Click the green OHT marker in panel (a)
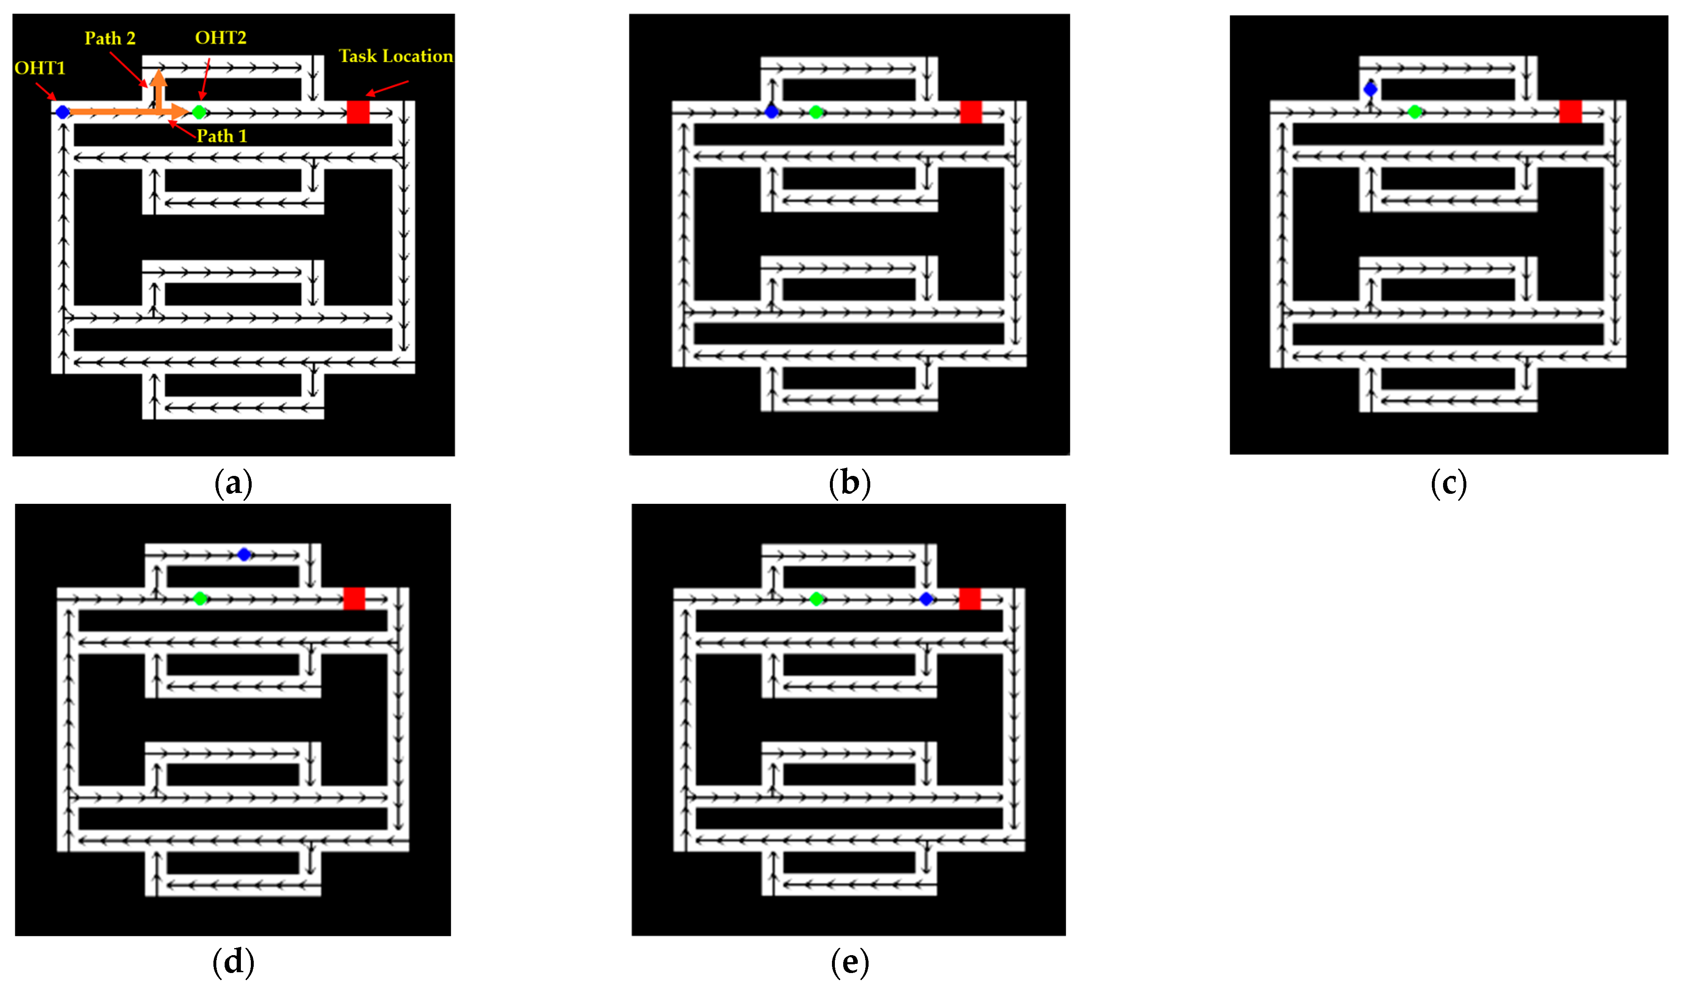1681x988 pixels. (x=199, y=112)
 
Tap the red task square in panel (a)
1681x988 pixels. (x=358, y=112)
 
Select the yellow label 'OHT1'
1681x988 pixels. (x=40, y=68)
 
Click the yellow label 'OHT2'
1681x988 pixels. (x=221, y=38)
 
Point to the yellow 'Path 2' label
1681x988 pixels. (x=110, y=39)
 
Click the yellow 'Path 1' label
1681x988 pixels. (x=222, y=136)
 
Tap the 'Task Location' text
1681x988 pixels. (x=396, y=56)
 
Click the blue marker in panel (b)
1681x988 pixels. (x=772, y=112)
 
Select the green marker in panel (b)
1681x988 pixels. (x=815, y=112)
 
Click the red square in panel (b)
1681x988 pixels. (x=970, y=112)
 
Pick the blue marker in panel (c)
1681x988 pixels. (x=1370, y=89)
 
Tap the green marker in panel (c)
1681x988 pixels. (x=1414, y=112)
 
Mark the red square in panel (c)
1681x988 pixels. (x=1570, y=111)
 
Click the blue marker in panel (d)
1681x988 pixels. (x=244, y=555)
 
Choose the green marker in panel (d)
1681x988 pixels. (x=199, y=598)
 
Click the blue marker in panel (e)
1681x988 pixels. (x=926, y=599)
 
